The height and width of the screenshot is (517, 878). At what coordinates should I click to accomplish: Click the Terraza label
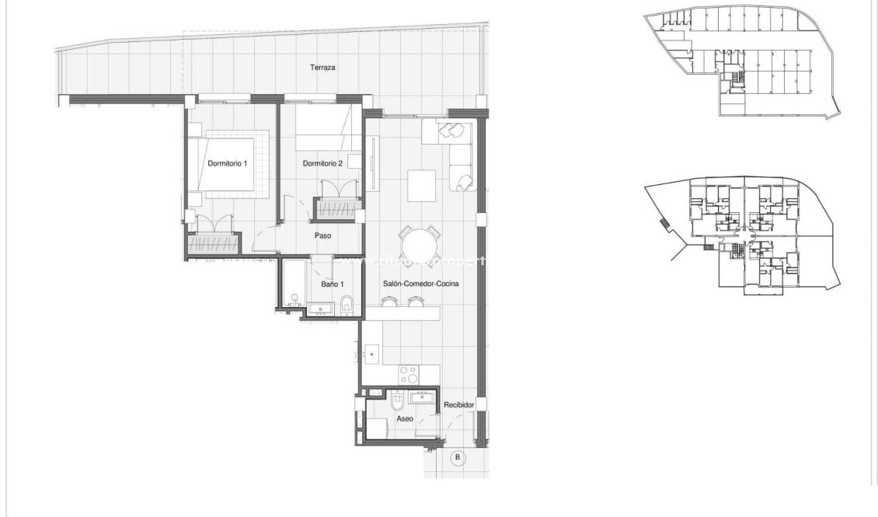click(322, 68)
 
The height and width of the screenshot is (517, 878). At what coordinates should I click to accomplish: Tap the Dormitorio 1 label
click(227, 163)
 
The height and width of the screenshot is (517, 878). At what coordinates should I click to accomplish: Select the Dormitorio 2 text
click(322, 163)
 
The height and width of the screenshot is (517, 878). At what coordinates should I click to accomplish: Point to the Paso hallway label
click(323, 235)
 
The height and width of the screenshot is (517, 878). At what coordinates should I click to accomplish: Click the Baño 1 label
click(332, 285)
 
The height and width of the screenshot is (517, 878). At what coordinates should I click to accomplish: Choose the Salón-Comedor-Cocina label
click(420, 285)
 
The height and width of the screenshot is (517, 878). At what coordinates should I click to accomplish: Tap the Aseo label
click(405, 418)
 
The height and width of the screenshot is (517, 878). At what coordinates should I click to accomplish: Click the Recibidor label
click(458, 405)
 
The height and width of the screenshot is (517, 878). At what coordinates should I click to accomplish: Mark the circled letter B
click(458, 457)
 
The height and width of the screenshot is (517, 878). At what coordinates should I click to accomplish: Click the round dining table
click(420, 246)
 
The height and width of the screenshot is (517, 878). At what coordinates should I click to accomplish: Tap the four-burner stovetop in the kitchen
click(409, 376)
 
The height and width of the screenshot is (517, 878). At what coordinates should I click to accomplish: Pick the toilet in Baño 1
click(347, 304)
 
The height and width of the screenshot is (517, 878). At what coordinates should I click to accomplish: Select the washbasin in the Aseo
click(424, 398)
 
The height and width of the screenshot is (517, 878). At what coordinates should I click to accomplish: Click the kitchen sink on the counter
click(372, 355)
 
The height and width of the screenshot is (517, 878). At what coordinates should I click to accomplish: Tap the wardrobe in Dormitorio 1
click(211, 243)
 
